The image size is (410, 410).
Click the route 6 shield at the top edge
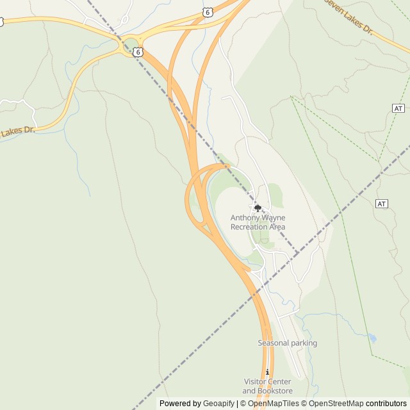(207, 12)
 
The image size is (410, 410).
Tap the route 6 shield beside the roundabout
(138, 52)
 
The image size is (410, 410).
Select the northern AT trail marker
(398, 108)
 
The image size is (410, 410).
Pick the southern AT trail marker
(382, 204)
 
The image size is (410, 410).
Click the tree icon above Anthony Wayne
(258, 208)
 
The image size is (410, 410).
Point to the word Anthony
(245, 218)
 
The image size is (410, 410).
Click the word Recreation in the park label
(250, 227)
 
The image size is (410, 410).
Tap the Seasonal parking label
(287, 343)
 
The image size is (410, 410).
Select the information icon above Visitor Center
(267, 372)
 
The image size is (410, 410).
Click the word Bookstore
(275, 391)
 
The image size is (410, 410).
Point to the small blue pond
(372, 338)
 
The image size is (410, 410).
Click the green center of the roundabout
(131, 45)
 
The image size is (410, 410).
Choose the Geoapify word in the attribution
(219, 404)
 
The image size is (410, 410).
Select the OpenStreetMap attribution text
(335, 404)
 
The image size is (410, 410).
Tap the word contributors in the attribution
(386, 404)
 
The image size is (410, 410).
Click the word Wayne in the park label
(274, 218)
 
